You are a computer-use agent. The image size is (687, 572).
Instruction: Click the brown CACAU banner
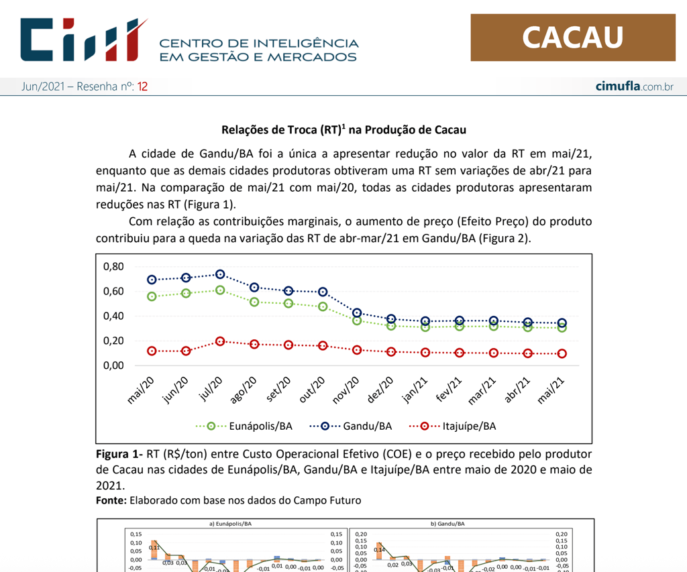pyautogui.click(x=573, y=38)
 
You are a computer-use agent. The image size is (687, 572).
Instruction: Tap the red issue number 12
pyautogui.click(x=142, y=87)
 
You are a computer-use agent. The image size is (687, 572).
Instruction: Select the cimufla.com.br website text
pyautogui.click(x=634, y=87)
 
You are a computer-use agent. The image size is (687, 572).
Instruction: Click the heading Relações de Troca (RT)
pyautogui.click(x=343, y=129)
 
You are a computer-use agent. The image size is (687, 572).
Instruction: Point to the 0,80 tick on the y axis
pyautogui.click(x=114, y=267)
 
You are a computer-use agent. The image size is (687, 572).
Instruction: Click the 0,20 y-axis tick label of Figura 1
pyautogui.click(x=114, y=341)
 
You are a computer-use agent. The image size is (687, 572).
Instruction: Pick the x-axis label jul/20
pyautogui.click(x=211, y=390)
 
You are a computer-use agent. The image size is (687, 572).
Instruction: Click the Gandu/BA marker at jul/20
pyautogui.click(x=220, y=274)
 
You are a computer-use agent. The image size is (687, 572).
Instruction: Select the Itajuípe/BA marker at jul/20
pyautogui.click(x=220, y=341)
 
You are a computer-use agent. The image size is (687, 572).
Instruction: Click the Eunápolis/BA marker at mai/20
pyautogui.click(x=152, y=296)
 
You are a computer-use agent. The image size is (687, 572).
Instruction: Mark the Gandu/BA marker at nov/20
pyautogui.click(x=357, y=313)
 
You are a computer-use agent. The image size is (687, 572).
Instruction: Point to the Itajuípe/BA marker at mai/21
pyautogui.click(x=562, y=353)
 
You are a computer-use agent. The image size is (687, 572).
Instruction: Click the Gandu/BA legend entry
pyautogui.click(x=351, y=426)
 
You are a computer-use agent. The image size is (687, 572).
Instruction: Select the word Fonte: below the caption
pyautogui.click(x=111, y=500)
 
